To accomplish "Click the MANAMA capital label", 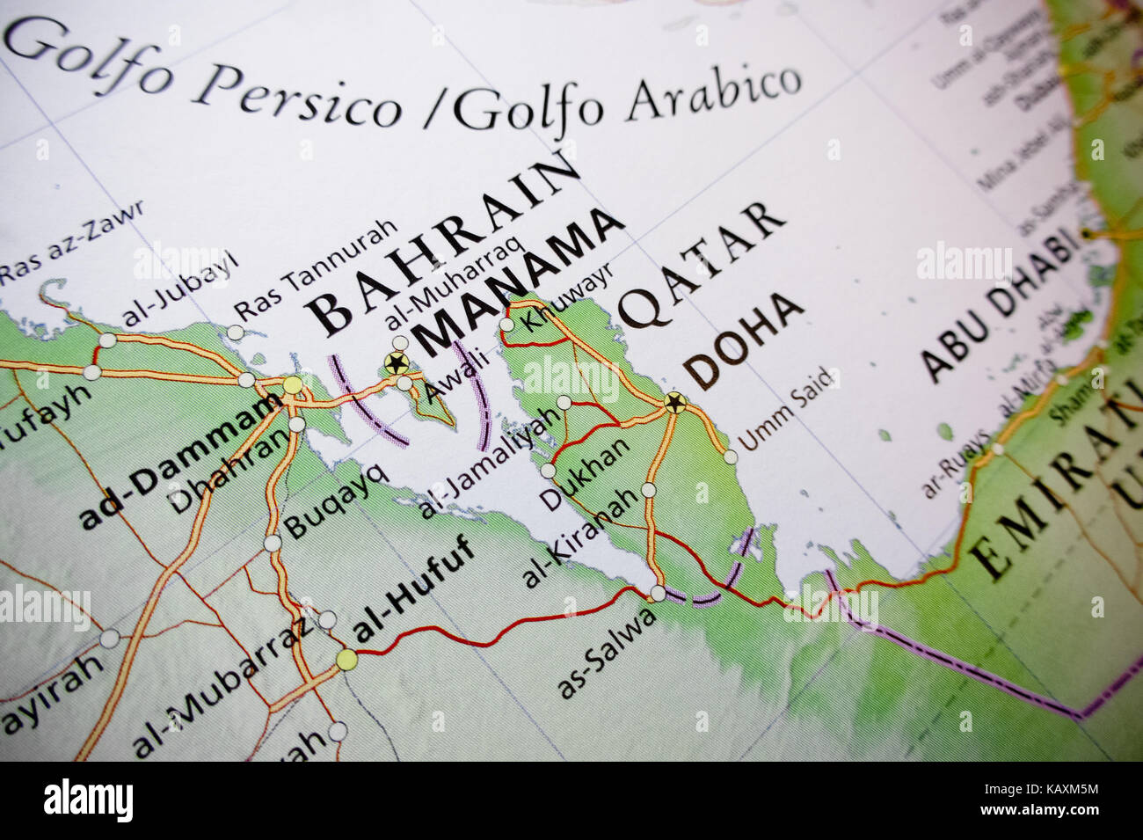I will (x=519, y=282).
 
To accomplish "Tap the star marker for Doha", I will (x=675, y=403).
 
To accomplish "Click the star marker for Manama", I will (x=395, y=362).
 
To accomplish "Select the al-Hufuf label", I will (x=413, y=588).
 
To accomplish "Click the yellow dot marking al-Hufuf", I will (x=346, y=659).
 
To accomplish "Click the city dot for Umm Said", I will (x=730, y=457).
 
